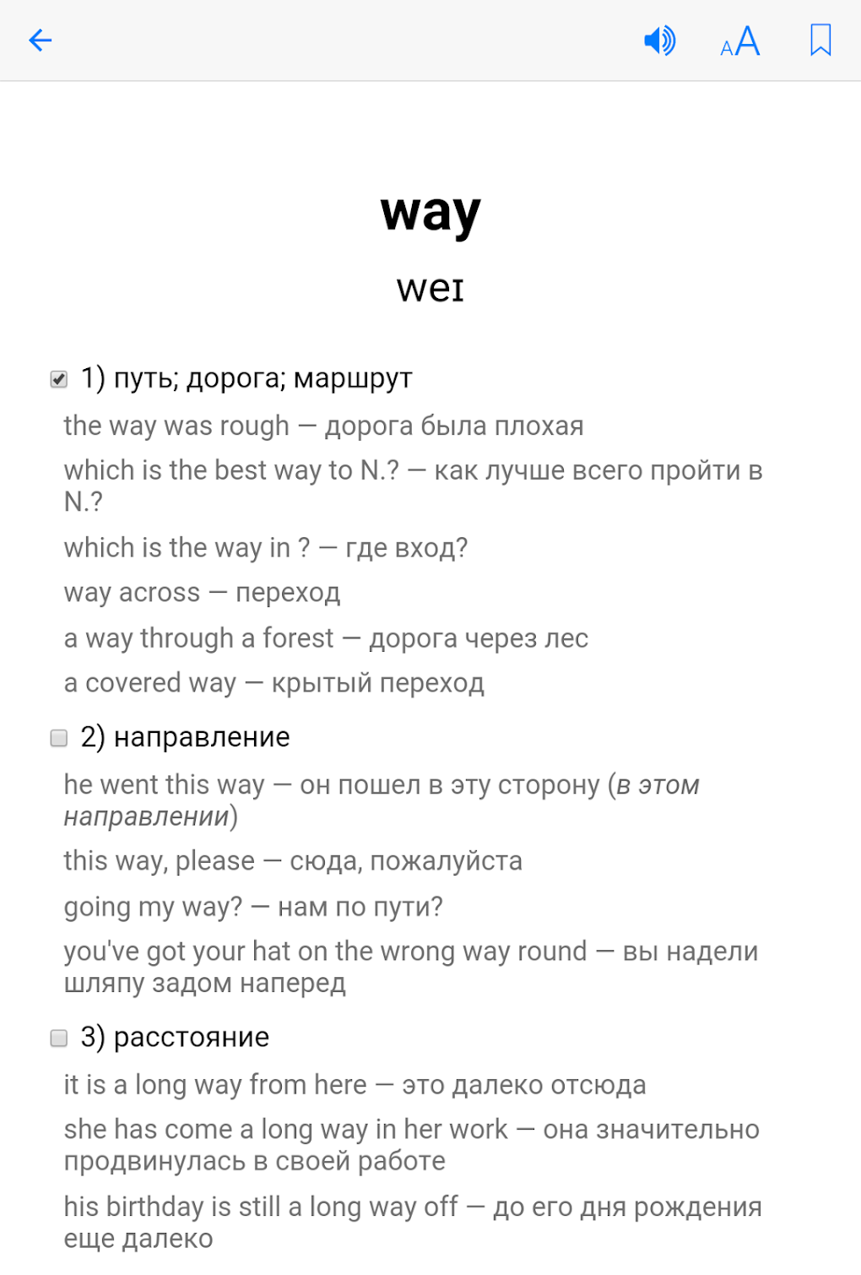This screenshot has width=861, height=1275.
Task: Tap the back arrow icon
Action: [41, 40]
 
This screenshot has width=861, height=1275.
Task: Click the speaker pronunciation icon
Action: [659, 40]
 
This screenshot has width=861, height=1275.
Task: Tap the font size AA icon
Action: [740, 41]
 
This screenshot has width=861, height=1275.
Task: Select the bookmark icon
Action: [820, 40]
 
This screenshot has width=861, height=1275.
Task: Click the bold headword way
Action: [430, 213]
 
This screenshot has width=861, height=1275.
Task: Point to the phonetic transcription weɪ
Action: [430, 288]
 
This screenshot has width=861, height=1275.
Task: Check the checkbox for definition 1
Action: [59, 379]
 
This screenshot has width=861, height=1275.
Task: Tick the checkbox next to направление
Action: [59, 738]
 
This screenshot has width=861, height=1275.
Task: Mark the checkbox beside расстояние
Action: [59, 1038]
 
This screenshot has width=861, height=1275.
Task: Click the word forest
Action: [298, 638]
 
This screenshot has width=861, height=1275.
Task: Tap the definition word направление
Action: [202, 737]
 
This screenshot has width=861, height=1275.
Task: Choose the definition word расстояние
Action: [192, 1037]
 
